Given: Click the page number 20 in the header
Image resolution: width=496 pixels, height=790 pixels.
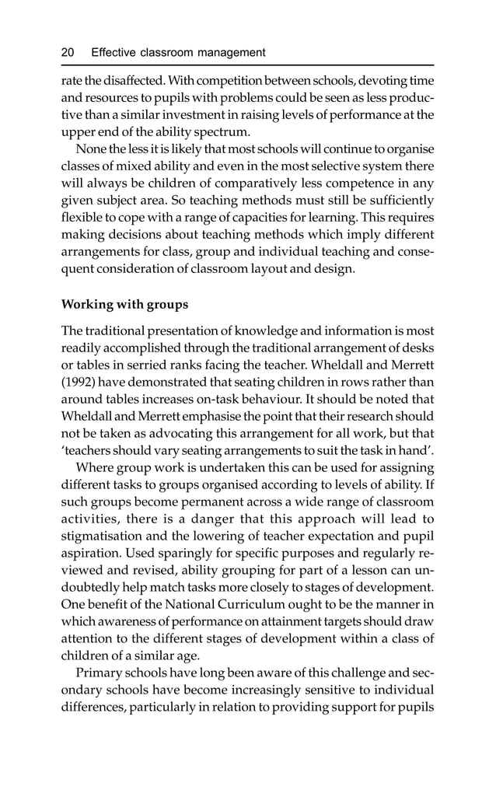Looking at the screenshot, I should (68, 53).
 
